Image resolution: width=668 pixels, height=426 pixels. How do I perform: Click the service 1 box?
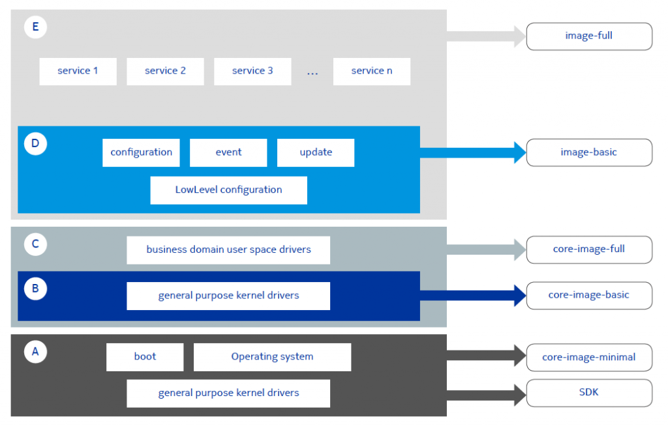click(78, 71)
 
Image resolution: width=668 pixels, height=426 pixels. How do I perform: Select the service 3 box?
click(252, 71)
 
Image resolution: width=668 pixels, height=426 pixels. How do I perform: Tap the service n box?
click(372, 71)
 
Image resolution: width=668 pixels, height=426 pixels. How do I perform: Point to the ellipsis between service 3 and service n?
click(312, 72)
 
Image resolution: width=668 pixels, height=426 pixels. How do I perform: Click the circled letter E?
click(35, 27)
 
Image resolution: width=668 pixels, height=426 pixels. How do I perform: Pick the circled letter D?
click(35, 143)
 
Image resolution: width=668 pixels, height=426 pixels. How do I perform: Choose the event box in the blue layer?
click(228, 152)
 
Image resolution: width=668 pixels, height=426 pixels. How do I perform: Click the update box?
click(316, 152)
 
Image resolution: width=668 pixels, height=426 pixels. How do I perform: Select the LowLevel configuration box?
click(228, 190)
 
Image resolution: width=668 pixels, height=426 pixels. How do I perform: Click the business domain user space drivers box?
click(228, 250)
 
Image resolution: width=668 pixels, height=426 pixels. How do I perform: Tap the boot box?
click(145, 357)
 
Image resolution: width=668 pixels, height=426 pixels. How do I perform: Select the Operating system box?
click(272, 357)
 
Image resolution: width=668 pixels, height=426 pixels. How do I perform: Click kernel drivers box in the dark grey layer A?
click(228, 393)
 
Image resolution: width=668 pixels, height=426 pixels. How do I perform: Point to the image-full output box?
click(589, 36)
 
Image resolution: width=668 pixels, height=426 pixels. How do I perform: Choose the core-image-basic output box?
click(589, 295)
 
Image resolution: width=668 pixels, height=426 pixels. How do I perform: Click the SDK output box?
click(589, 393)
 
